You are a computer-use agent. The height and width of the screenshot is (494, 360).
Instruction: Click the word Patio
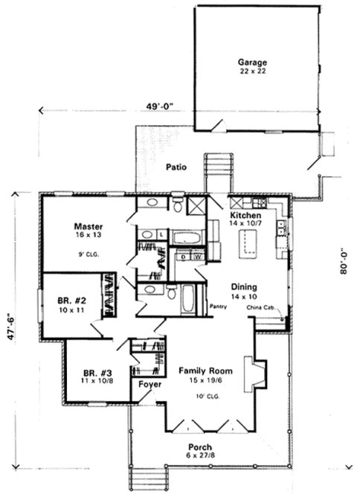click(x=176, y=167)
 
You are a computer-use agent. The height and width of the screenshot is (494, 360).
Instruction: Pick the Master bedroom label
click(x=88, y=225)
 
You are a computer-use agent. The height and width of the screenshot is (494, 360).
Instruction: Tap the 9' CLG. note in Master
click(x=88, y=254)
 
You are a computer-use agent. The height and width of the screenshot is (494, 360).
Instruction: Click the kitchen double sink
click(x=280, y=231)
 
